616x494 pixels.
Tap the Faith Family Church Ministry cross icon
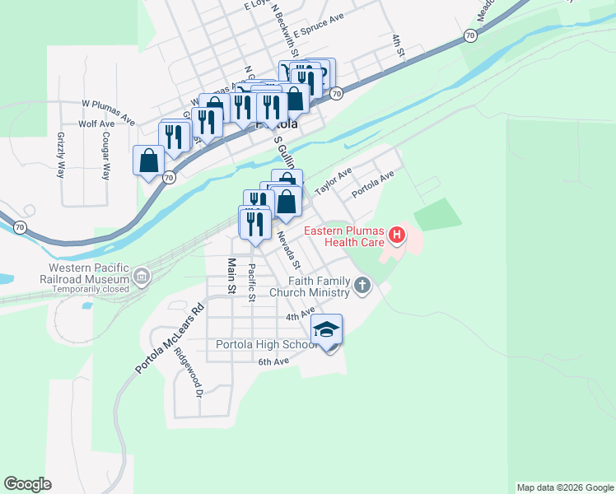point(362,287)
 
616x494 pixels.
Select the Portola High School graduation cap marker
point(327,331)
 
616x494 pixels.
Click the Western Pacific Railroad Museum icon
point(142,276)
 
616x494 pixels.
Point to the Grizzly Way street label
point(61,155)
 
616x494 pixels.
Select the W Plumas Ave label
point(108,113)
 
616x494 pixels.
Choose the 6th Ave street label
point(273,361)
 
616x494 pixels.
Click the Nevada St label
point(289,250)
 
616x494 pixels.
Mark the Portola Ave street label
point(373,184)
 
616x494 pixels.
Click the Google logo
point(27,484)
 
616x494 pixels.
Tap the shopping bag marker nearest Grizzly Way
point(149,160)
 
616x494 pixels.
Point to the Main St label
point(231,277)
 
